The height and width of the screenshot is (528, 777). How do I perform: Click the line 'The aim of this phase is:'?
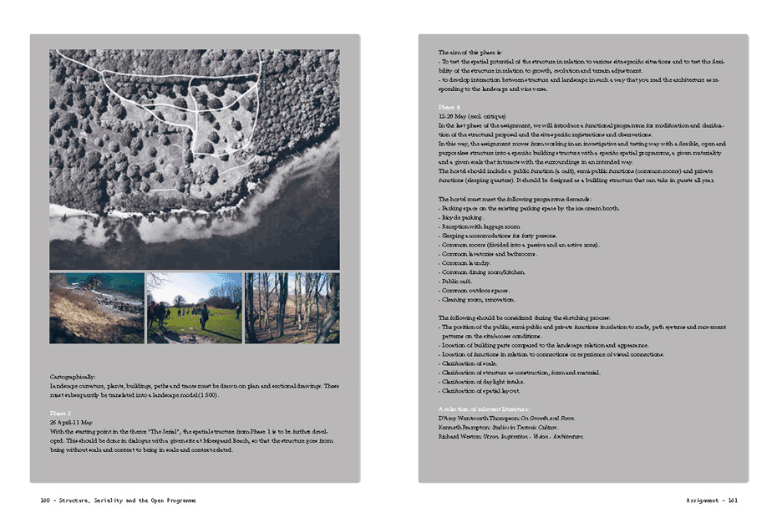coord(472,53)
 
